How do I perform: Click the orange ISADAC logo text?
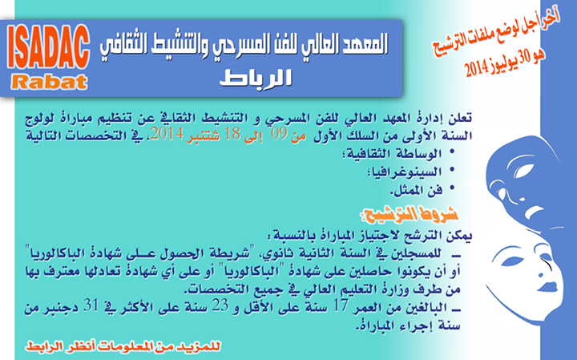pos(48,47)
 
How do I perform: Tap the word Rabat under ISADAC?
pos(50,82)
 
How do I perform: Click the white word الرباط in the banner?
pos(256,78)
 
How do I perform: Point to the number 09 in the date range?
pos(279,135)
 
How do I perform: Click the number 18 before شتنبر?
pos(232,135)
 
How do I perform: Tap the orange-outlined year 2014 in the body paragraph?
pos(167,134)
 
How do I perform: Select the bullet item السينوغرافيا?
pos(405,172)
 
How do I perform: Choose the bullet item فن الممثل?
pos(417,190)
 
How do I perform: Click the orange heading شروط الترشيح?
pos(410,214)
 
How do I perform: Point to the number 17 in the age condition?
pos(341,306)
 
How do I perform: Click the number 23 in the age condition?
pos(220,306)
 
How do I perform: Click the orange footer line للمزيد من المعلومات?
pos(123,346)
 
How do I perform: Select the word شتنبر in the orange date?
pos(203,136)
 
